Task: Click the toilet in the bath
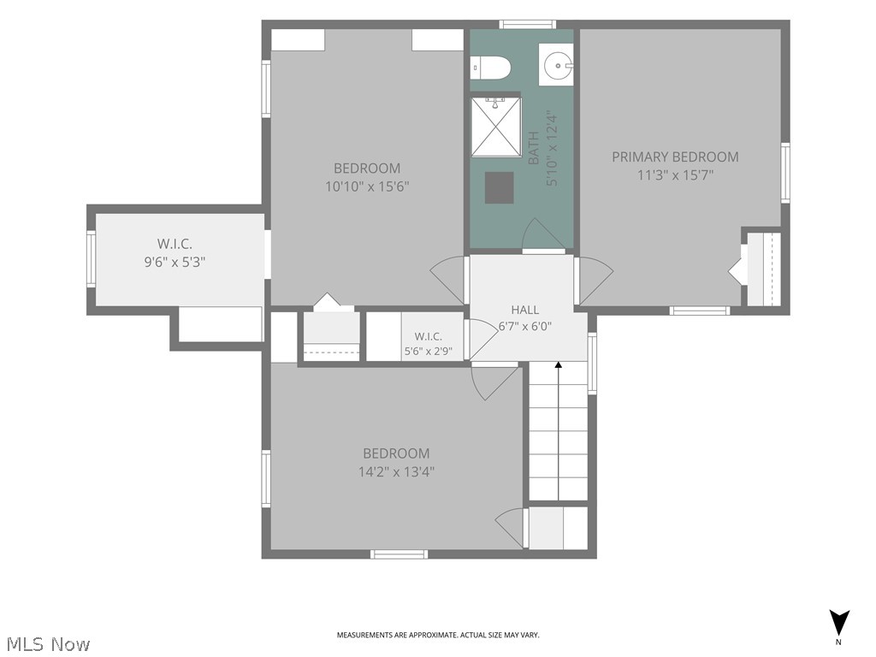pos(491,68)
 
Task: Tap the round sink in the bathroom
pos(557,65)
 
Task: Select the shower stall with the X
pos(495,127)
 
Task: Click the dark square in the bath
pos(499,187)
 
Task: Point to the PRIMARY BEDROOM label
pos(675,157)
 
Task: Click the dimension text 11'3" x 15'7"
pos(676,175)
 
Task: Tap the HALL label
pos(525,310)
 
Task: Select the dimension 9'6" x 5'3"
pos(175,262)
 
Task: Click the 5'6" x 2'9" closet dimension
pos(429,352)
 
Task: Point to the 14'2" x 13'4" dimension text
pos(397,472)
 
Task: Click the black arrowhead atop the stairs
pos(558,365)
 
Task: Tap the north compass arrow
pos(838,623)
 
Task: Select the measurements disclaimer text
pos(438,636)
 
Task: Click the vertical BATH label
pos(534,148)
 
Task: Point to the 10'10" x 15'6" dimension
pos(367,186)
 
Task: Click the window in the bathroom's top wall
pos(527,24)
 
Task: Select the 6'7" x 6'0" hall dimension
pos(525,326)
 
